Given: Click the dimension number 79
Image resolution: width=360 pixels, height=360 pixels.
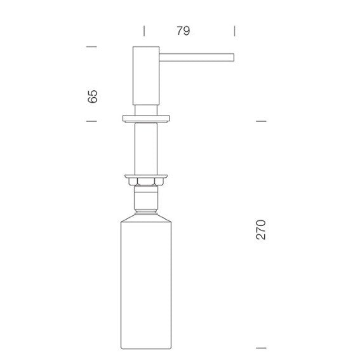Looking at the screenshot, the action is point(183,30).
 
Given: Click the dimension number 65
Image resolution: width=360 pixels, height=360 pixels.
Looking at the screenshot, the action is point(93,97).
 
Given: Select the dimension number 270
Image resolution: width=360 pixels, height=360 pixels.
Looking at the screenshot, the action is point(260,230).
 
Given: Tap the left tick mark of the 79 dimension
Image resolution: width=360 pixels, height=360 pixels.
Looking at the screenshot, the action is point(144,31).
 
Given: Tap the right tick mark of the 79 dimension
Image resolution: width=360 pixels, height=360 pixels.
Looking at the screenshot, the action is point(234,31).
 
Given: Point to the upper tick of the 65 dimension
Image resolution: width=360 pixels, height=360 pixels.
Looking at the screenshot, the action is point(91,46).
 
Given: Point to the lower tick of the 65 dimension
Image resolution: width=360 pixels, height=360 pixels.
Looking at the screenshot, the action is point(91,121).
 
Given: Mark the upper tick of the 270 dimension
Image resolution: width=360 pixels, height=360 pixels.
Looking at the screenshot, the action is point(261,121).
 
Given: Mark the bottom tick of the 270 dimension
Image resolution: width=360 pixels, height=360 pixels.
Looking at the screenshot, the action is point(261,348).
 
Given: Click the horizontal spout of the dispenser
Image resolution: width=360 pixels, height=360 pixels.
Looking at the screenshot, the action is point(197,57).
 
